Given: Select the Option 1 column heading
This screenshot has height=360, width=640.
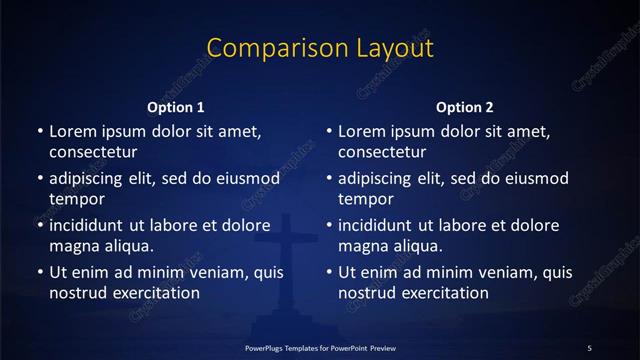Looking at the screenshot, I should click(176, 107).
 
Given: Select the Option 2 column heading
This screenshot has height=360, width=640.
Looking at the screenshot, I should click(465, 107).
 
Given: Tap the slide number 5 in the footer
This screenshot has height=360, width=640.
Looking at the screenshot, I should click(590, 347).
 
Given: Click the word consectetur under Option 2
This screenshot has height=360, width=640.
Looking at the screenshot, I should click(383, 153).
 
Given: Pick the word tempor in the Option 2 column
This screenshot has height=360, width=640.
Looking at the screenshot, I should click(367, 199).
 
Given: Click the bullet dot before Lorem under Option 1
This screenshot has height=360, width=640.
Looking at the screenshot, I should click(40, 132).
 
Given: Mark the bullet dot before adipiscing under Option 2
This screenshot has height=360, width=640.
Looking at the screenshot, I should click(329, 179).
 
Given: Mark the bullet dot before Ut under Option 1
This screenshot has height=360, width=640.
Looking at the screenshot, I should click(40, 272).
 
